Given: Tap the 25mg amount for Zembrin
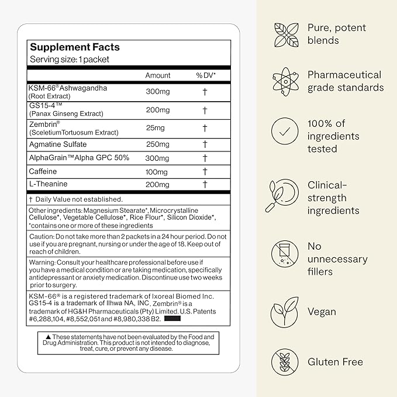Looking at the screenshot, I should pos(154,127).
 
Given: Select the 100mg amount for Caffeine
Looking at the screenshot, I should pos(157,171).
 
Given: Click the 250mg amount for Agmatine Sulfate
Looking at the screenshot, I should pos(157,144).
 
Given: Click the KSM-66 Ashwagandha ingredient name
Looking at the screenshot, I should pos(68,88).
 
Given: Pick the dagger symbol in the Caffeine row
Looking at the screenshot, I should pos(205,171).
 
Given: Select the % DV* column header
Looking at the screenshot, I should pos(206,75).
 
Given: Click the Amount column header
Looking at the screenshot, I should pos(158,75).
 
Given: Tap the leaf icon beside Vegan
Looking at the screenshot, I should pos(284,313).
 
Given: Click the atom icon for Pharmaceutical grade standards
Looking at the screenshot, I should pos(284,82).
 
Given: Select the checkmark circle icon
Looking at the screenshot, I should pos(284,132).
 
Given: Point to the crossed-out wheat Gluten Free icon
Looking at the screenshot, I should pos(284,362).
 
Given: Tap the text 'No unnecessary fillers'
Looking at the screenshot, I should pos(337,259).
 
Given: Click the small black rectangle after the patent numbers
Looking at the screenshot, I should pos(173,319).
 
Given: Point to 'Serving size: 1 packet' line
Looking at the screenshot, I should pos(70,60).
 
